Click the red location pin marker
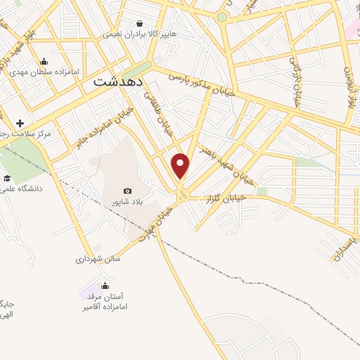181,165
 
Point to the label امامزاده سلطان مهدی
44,72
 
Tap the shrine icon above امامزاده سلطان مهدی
44,61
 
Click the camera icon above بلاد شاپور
127,191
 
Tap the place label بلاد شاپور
127,202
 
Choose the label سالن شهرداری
98,259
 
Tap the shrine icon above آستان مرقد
105,286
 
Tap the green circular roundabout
222,16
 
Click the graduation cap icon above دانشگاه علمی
8,177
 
